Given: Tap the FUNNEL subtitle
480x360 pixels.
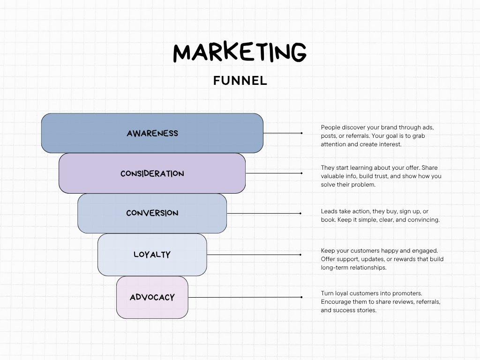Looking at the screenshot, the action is pos(240,81).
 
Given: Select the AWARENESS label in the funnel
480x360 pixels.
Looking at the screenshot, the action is pos(152,133).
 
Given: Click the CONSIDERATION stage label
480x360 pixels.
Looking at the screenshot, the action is pos(152,173).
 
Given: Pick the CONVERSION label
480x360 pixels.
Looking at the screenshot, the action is pos(152,213).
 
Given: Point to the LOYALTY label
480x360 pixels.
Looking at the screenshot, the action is pos(152,255).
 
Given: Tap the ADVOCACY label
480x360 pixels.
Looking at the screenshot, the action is pos(152,297).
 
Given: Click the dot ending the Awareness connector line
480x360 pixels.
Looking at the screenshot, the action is pos(301,133).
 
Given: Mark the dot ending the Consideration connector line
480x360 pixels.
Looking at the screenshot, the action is pos(301,173).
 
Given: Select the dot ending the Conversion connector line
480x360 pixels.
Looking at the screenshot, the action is pos(300,213).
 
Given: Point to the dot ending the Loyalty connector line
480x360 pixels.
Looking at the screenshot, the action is pos(300,255).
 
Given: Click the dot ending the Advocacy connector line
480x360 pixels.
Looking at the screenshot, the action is pos(301,297).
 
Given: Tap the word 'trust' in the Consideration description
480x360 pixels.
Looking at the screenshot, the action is pos(387,176).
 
